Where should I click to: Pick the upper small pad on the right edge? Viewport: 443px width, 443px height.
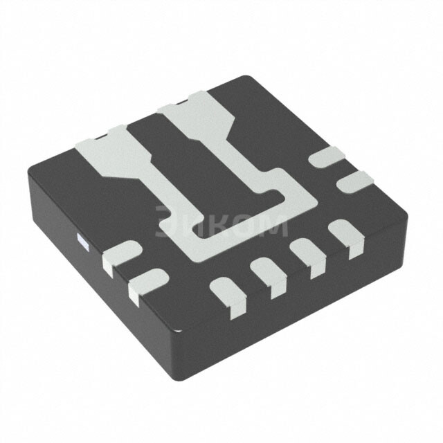pyautogui.click(x=327, y=157)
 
